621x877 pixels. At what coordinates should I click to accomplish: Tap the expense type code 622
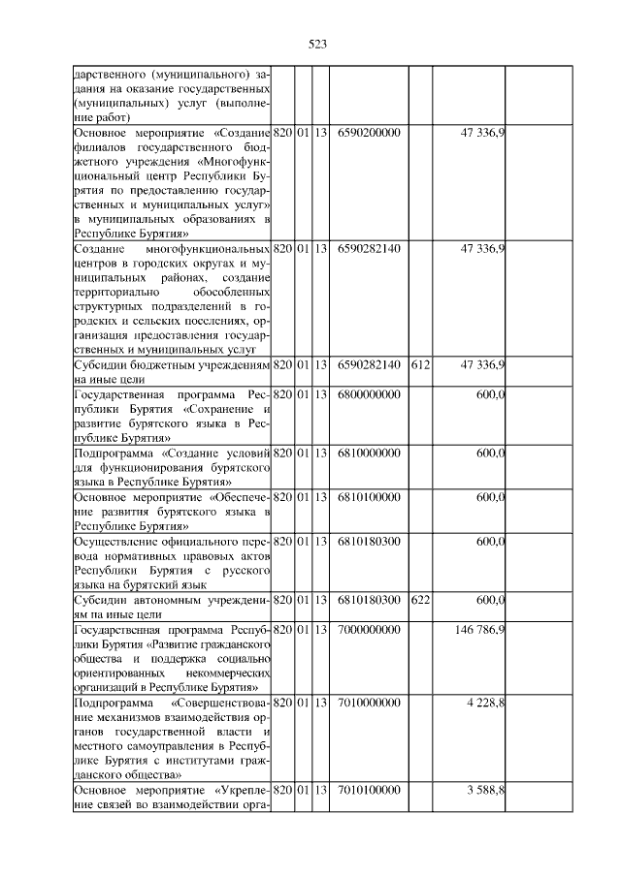[420, 600]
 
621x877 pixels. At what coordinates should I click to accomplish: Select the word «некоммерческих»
[225, 673]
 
